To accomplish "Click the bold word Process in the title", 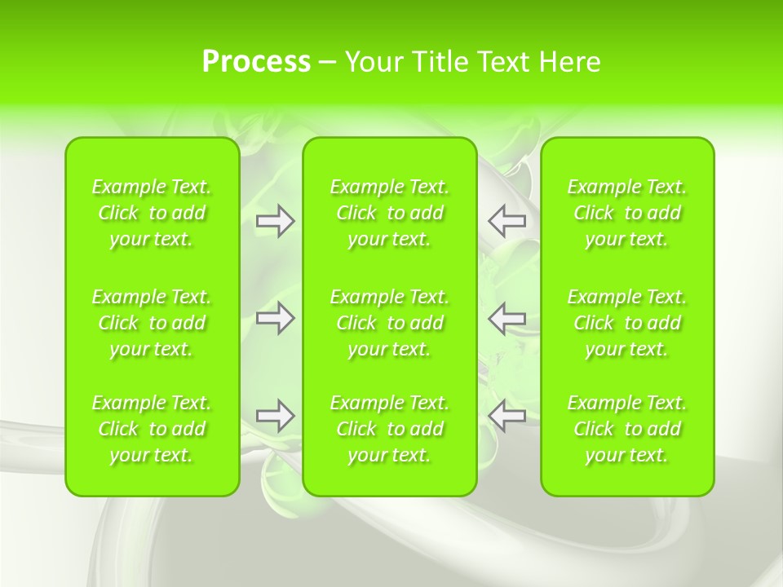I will click(x=256, y=62).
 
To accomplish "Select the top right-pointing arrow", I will click(x=276, y=221).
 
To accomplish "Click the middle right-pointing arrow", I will click(x=276, y=318).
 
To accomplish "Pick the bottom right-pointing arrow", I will click(x=276, y=416).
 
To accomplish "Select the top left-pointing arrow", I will click(x=507, y=221).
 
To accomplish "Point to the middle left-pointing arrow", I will click(x=507, y=318).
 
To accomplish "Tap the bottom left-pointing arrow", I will click(x=507, y=416).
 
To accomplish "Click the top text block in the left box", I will click(x=152, y=213).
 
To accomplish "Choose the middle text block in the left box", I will click(x=152, y=323).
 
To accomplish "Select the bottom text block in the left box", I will click(x=152, y=429).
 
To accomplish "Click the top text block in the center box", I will click(x=390, y=213).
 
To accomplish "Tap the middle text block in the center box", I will click(x=390, y=323).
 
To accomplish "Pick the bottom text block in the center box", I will click(x=390, y=429).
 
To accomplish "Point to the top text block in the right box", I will click(x=627, y=213).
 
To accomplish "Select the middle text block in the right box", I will click(x=627, y=323).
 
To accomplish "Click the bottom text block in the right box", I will click(x=627, y=429).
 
